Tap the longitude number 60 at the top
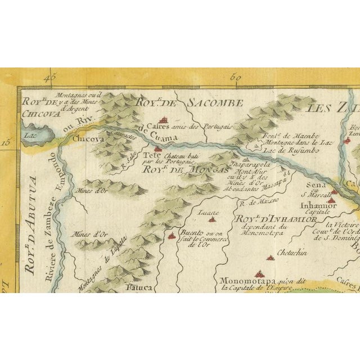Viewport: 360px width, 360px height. pos(236,78)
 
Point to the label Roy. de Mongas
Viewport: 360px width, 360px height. pos(178,168)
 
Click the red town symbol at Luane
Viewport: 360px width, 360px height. pos(211,220)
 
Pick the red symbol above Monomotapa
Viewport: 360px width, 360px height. pos(271,259)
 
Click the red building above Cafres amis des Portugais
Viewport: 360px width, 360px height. pos(164,119)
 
